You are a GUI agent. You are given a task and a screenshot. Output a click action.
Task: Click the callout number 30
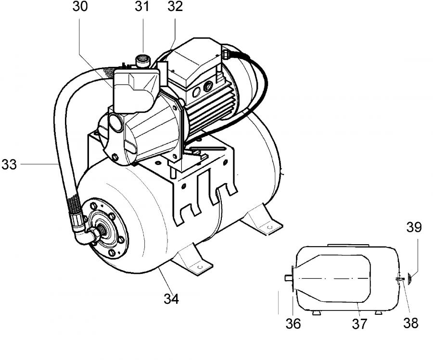[80, 7]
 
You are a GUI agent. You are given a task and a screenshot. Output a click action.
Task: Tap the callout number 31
[142, 7]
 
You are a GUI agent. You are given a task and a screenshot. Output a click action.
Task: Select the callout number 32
[175, 7]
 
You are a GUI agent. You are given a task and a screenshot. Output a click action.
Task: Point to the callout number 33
[9, 164]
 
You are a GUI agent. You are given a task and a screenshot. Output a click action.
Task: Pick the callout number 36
[293, 323]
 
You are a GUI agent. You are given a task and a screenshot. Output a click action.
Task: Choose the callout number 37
[359, 323]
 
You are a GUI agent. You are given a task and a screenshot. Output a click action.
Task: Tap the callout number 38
[411, 323]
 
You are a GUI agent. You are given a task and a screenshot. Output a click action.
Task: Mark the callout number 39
[414, 227]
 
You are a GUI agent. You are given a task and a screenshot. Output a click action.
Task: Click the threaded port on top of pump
[142, 61]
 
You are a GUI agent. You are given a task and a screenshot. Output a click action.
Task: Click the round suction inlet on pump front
[116, 122]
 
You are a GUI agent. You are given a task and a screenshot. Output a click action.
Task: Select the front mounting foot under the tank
[195, 261]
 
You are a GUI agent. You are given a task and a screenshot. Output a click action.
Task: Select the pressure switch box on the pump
[136, 90]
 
